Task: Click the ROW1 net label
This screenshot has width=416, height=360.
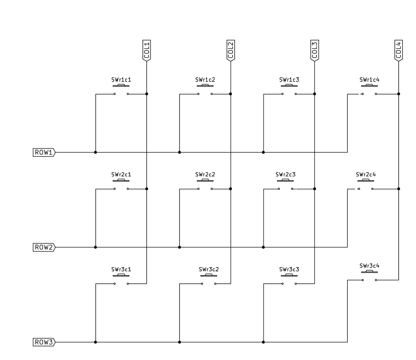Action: coord(44,152)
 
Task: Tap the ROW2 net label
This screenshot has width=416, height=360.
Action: coord(44,247)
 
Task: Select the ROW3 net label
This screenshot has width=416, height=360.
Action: coord(44,342)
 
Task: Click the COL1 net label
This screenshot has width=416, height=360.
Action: coord(147,50)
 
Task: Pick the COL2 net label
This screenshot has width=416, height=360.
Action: coord(231,50)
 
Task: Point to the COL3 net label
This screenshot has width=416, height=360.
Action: coord(314,50)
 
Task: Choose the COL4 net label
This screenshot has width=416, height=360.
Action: coord(398,50)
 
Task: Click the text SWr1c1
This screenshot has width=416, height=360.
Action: coord(121,80)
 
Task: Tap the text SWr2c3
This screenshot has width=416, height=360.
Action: coord(285,175)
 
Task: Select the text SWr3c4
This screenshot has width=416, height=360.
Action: coord(369,266)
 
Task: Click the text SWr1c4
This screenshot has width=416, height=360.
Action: coord(369,80)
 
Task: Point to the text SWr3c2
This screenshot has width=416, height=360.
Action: coord(209,269)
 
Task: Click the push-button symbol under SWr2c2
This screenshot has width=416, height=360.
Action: coord(205,185)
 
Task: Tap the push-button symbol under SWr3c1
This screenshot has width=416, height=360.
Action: coord(121,280)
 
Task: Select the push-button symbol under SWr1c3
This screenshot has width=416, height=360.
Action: coord(289,90)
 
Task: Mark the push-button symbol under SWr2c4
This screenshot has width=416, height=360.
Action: coord(365,185)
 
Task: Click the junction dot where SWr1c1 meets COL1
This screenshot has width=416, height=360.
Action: coord(147,94)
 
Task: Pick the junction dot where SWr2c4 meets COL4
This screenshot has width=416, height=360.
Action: coord(398,189)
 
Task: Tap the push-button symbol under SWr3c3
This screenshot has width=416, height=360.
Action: coord(289,280)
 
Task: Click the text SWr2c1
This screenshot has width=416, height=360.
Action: coord(121,175)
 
